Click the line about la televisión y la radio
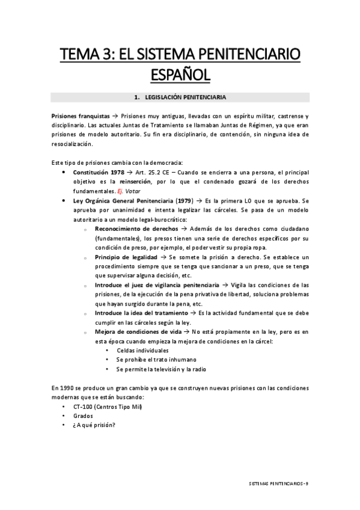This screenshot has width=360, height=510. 161,369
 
